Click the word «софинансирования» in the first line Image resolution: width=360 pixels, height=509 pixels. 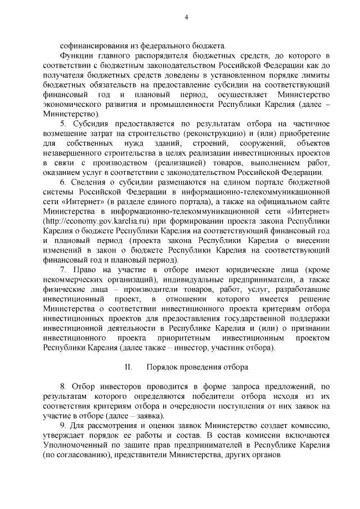click(x=91, y=44)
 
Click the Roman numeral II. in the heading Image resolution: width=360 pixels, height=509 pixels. click(x=128, y=368)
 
